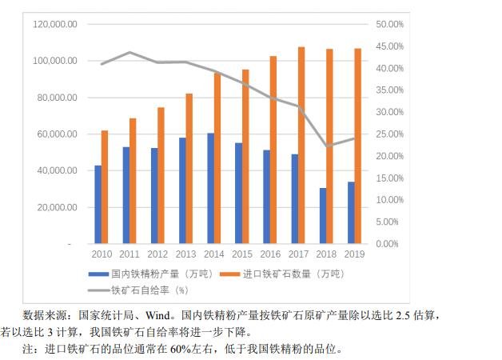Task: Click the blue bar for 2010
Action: pos(98,204)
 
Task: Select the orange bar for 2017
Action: pos(301,145)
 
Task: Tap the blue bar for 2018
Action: pos(323,215)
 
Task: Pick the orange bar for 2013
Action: pos(189,168)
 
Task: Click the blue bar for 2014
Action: pos(210,188)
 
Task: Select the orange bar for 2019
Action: pos(357,146)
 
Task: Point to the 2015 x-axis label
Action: pos(242,254)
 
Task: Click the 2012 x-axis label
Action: pos(158,254)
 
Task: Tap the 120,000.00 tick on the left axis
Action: pos(55,25)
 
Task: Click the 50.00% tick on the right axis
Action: pos(390,25)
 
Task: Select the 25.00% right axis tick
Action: pos(390,134)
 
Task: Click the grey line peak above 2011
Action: pos(130,53)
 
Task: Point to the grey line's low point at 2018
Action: pos(327,146)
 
